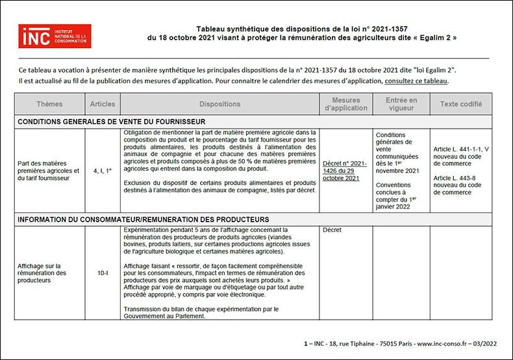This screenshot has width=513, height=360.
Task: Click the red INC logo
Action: [x=55, y=36]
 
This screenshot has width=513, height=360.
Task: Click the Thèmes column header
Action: [x=49, y=104]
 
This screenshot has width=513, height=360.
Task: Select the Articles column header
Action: [x=102, y=104]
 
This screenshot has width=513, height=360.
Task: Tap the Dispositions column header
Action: [x=219, y=104]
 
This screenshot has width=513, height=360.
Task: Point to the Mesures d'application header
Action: [x=345, y=104]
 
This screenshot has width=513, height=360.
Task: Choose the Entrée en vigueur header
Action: [x=401, y=104]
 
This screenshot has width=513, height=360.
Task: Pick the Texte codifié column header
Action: [x=460, y=104]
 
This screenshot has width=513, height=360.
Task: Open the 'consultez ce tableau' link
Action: [x=416, y=81]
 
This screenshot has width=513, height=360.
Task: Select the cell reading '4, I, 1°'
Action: [x=102, y=170]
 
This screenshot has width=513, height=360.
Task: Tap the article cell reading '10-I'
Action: [x=102, y=274]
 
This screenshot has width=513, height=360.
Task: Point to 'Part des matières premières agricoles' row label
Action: [x=49, y=171]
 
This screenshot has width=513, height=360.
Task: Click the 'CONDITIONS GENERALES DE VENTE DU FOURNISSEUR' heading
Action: [x=112, y=122]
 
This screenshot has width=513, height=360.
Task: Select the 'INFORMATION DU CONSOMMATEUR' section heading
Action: [x=143, y=220]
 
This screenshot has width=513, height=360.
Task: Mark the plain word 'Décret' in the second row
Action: [x=332, y=230]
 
